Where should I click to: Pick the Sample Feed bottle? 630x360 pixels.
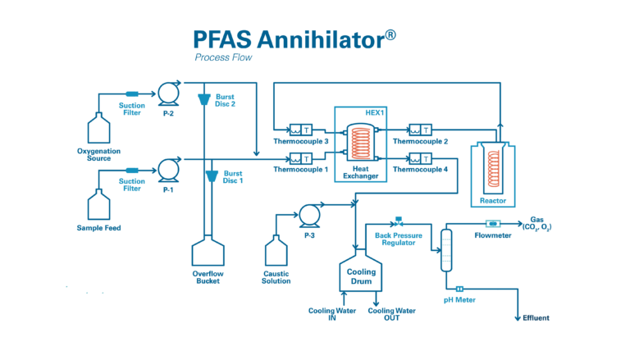tap(98, 205)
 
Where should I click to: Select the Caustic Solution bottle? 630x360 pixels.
tap(276, 252)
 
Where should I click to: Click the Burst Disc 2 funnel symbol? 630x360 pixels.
tap(203, 99)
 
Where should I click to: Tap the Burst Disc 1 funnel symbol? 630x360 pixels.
tap(211, 175)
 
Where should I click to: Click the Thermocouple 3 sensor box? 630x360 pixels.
tap(300, 130)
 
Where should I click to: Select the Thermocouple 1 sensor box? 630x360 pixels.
tap(300, 158)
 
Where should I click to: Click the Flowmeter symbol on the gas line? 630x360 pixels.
tap(492, 223)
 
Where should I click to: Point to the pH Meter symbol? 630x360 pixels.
tap(460, 288)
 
